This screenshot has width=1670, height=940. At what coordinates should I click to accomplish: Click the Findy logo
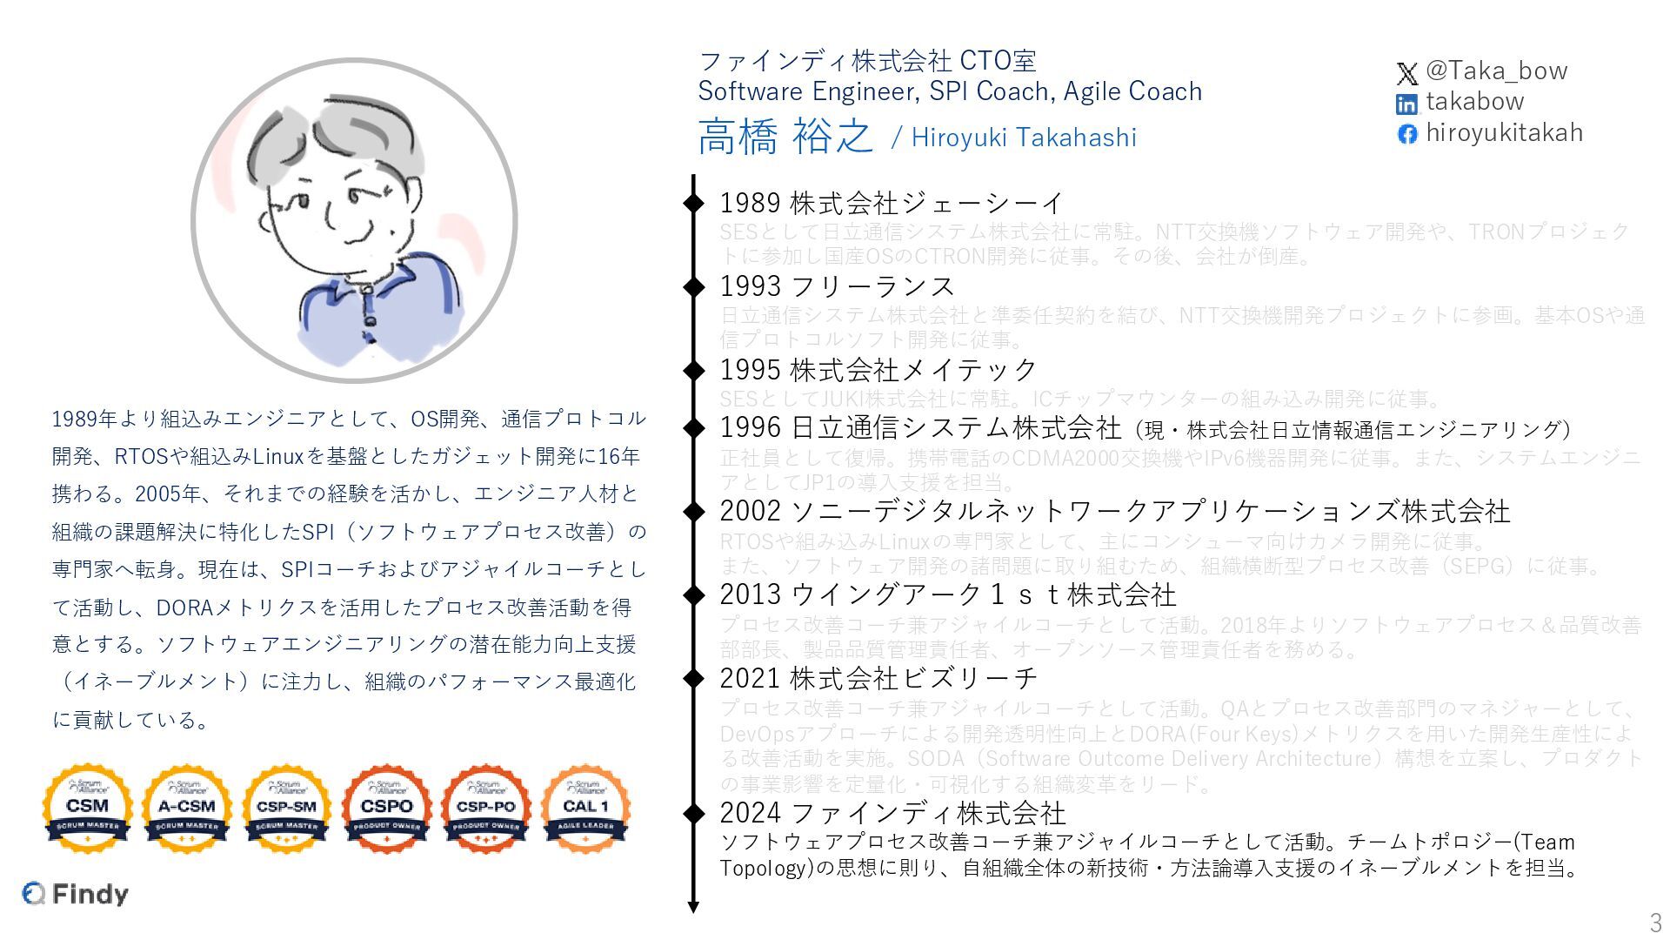76,894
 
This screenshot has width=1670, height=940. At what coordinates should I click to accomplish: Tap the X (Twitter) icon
1406,73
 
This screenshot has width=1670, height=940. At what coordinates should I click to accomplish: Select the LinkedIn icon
1406,104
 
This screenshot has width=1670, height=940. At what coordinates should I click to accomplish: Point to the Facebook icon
1406,134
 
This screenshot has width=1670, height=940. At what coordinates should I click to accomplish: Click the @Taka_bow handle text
1496,70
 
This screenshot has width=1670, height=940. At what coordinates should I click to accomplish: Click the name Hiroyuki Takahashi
1024,138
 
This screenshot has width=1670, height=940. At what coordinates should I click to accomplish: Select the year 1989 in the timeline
750,203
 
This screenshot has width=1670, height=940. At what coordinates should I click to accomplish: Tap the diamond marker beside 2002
693,511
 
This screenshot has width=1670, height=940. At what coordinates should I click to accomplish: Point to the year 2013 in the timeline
750,594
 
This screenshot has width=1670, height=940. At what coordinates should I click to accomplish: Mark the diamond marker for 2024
693,813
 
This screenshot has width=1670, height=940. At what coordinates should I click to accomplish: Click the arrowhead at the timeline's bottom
693,907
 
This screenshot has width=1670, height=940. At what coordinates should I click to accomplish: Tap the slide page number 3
1654,922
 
